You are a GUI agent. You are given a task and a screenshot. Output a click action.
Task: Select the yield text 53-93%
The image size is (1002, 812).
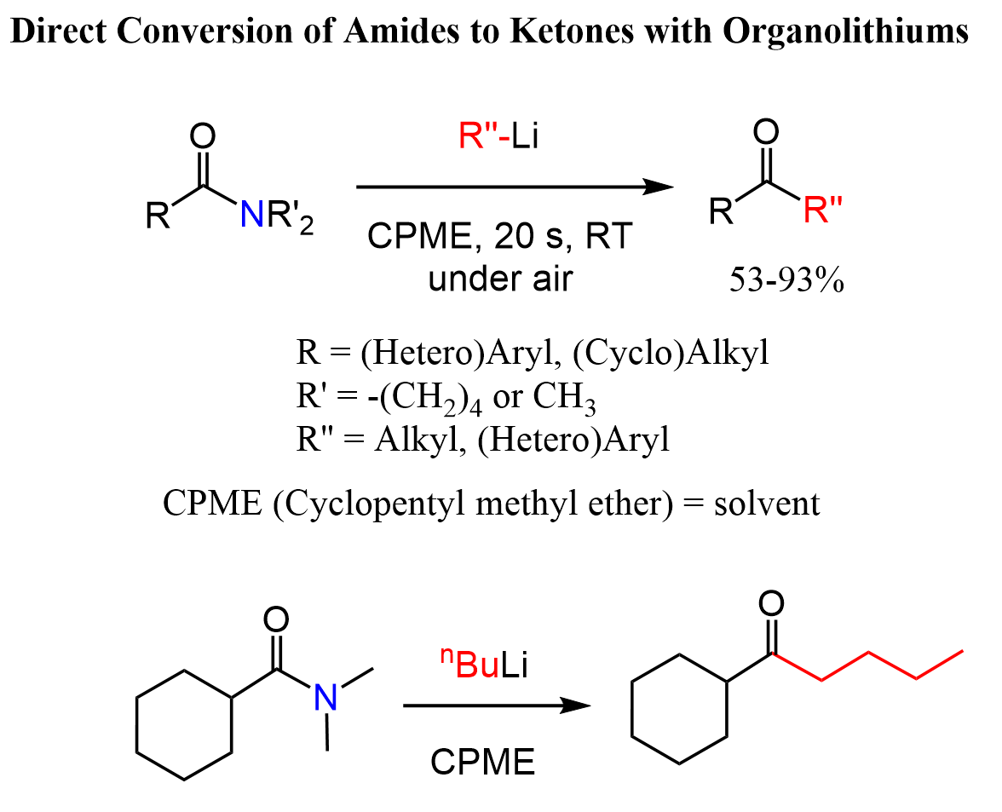coord(786,280)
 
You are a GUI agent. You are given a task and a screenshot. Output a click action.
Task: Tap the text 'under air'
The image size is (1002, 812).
coord(499,279)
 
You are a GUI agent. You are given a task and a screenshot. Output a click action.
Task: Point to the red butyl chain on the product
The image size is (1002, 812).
coord(869,665)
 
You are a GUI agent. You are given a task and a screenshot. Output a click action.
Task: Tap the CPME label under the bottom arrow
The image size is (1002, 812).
coord(482,761)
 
